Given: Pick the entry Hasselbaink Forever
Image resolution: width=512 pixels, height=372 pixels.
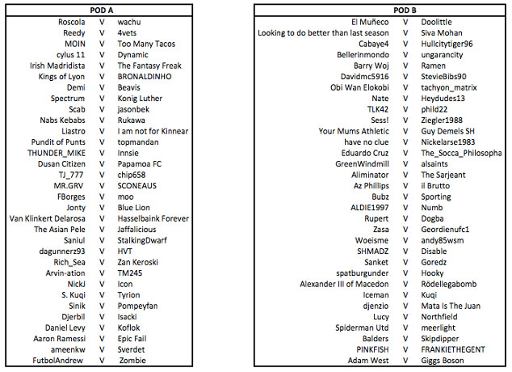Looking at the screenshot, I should (x=153, y=218).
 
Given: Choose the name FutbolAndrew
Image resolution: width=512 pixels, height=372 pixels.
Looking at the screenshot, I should (x=59, y=360).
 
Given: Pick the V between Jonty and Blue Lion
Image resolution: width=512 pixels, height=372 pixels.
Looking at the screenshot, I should (x=102, y=207).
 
